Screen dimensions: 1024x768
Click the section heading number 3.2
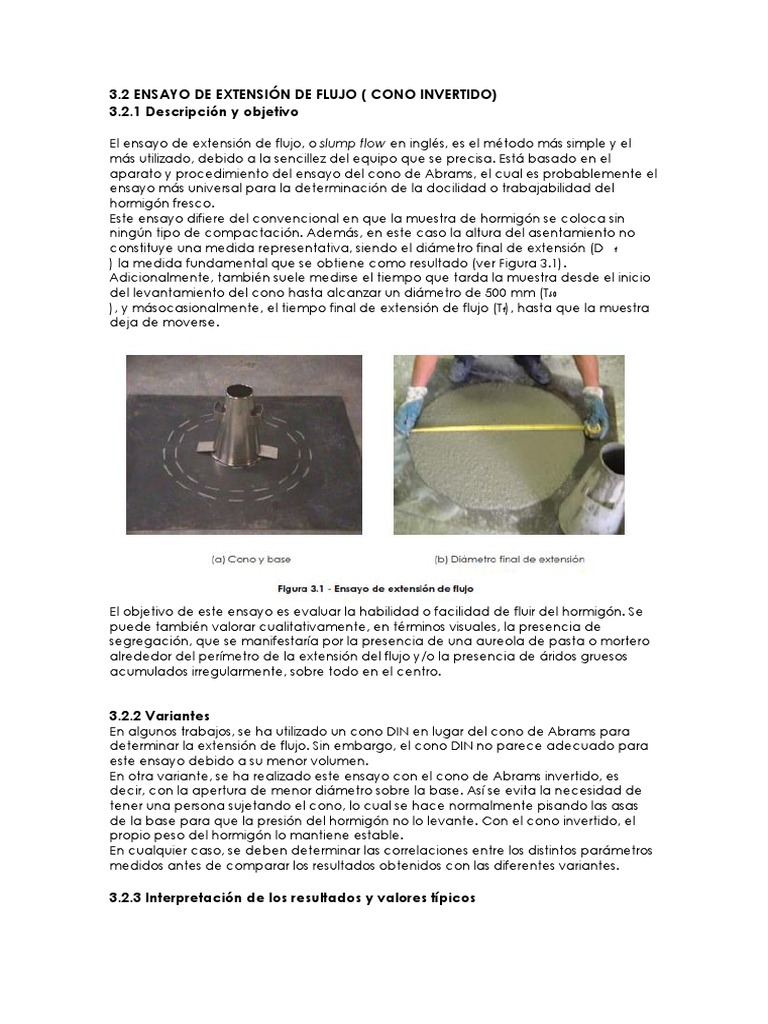click(119, 94)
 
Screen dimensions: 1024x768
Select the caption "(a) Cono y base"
click(251, 559)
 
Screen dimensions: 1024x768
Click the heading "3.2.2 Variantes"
click(159, 716)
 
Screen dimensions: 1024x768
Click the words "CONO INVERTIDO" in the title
click(431, 94)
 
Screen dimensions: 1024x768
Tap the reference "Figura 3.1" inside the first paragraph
click(541, 263)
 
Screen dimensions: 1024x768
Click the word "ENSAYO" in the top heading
click(166, 94)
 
